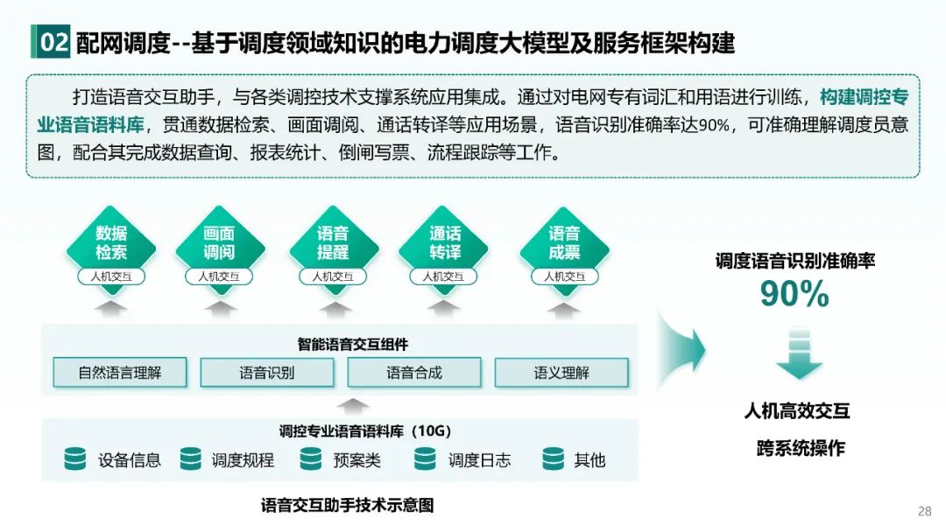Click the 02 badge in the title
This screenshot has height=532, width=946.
point(53,42)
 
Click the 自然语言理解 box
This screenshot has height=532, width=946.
point(120,373)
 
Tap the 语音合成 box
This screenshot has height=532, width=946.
point(414,373)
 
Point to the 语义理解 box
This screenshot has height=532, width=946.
point(561,373)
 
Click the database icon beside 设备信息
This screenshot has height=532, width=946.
point(75,458)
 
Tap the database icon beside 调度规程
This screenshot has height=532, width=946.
point(190,458)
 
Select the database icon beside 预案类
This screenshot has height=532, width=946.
point(311,458)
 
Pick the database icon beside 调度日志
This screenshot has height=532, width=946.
point(425,458)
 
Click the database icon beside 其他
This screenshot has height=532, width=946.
point(553,458)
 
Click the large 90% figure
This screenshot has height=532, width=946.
point(794,295)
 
